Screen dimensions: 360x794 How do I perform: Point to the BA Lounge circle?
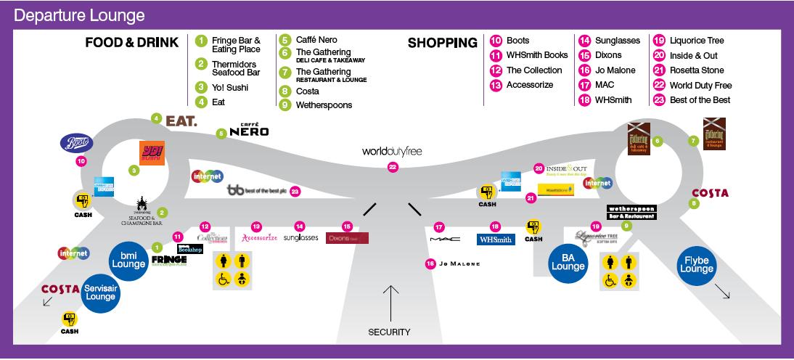click(x=568, y=262)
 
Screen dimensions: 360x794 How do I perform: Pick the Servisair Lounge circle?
click(x=101, y=292)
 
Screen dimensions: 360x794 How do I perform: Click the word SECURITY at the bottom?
click(x=388, y=332)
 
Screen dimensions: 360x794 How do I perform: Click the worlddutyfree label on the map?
click(x=392, y=151)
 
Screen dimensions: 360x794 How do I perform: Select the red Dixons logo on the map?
click(x=347, y=238)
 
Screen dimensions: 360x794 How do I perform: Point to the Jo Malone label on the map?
click(x=459, y=263)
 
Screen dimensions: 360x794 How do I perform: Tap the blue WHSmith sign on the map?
click(x=496, y=239)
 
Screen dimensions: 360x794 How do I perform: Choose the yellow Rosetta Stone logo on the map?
click(x=556, y=190)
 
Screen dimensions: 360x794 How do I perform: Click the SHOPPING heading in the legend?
click(x=442, y=43)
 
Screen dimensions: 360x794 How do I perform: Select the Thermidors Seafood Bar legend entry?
click(x=235, y=68)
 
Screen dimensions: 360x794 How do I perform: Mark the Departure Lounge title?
click(x=79, y=15)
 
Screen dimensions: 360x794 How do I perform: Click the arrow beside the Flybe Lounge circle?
click(x=722, y=292)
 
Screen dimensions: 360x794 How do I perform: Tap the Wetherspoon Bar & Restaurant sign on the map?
click(x=631, y=212)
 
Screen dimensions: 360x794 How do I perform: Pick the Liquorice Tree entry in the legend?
click(x=695, y=41)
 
